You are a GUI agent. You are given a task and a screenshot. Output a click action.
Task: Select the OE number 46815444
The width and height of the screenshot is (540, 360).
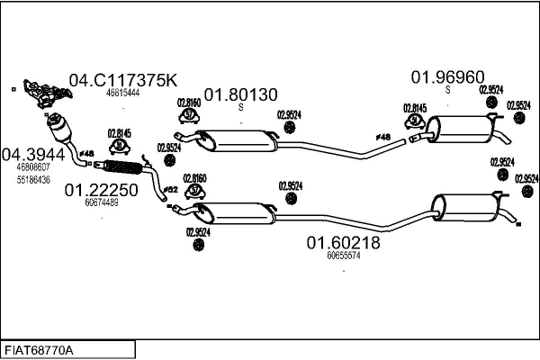coord(122,93)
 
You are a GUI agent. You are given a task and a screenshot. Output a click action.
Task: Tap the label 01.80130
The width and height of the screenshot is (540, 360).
coord(240,94)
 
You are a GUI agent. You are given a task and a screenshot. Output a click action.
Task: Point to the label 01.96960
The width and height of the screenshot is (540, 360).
coord(448,76)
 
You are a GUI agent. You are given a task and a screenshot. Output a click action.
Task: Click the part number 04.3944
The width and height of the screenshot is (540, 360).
coord(33,154)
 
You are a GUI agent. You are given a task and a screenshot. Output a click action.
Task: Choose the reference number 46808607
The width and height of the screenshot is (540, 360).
coord(32,167)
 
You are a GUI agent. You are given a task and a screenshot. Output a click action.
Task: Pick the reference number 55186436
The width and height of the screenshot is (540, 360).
coord(32,180)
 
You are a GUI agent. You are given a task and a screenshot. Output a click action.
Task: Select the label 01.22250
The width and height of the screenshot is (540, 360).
coord(101,190)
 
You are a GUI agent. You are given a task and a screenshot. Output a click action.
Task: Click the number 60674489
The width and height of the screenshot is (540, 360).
coord(101,202)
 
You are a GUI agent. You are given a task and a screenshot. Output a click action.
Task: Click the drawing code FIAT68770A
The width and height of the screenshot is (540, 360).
coord(40,349)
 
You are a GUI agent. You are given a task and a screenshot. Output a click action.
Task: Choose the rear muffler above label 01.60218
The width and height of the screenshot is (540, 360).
coord(466,209)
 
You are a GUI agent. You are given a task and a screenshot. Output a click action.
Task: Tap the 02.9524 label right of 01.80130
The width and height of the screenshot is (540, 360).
coord(290,114)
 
